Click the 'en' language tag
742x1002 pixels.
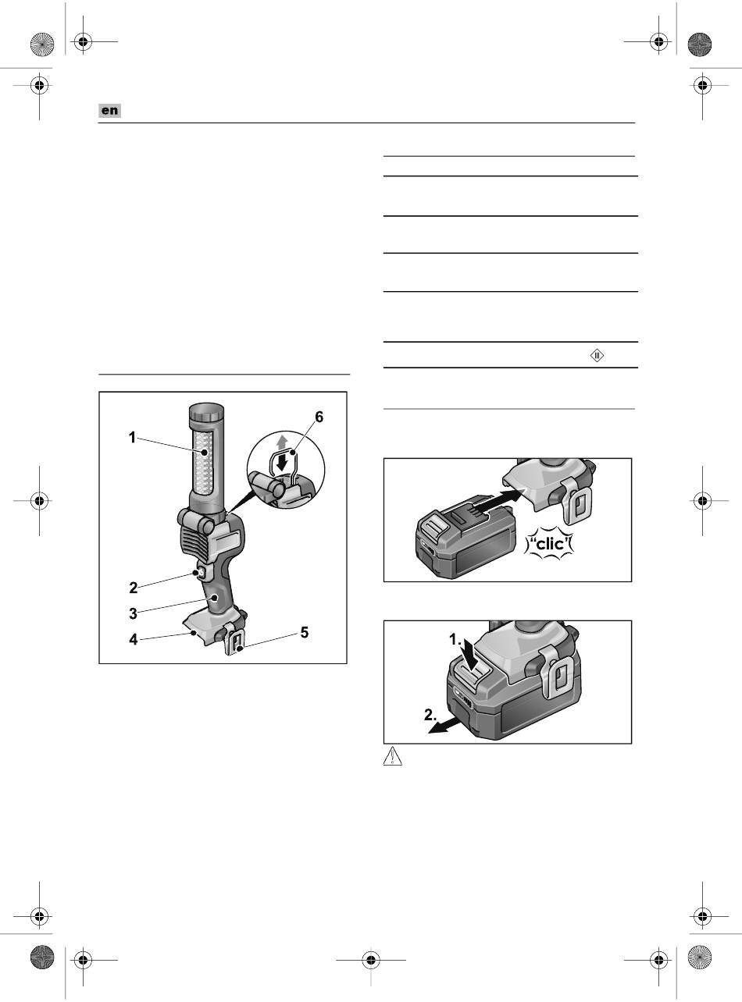[x=110, y=110]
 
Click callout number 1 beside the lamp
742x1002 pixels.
[x=132, y=437]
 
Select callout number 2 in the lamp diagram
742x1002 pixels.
[x=133, y=588]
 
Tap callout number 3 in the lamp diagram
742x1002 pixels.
[x=133, y=613]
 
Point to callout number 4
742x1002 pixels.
[x=134, y=639]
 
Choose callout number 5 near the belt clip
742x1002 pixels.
[x=305, y=632]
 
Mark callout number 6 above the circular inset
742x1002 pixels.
[x=319, y=417]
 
